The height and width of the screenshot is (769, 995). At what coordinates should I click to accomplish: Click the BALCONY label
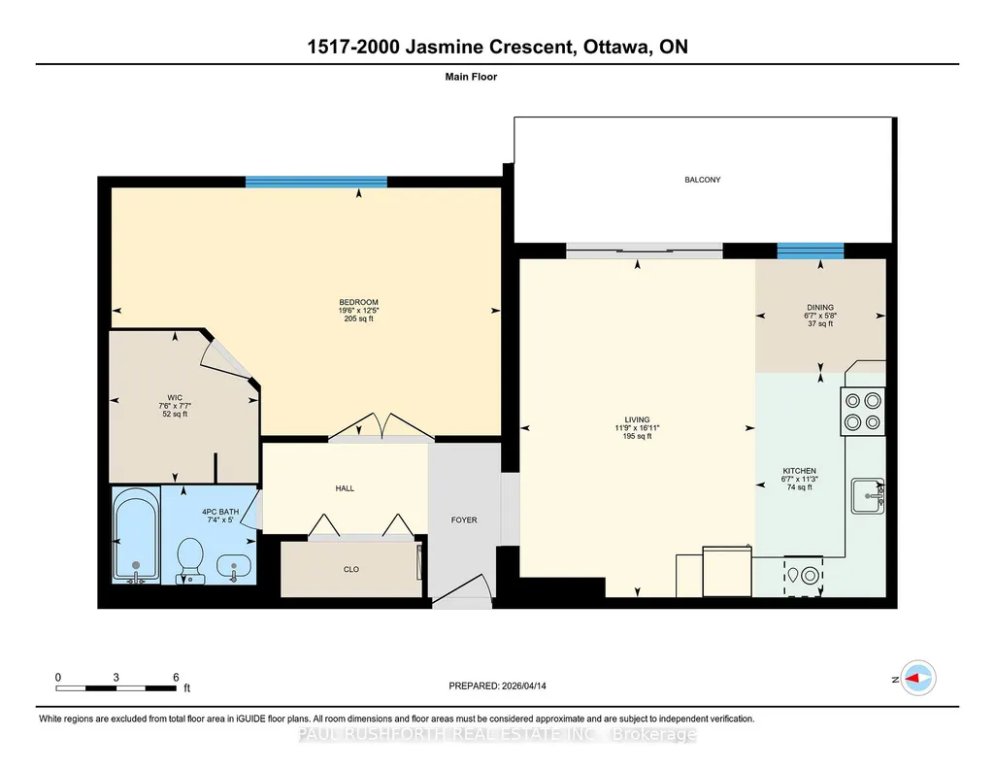[x=703, y=180]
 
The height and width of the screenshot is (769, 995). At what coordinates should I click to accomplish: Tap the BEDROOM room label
[x=358, y=302]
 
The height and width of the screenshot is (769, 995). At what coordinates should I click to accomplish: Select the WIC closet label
[x=175, y=398]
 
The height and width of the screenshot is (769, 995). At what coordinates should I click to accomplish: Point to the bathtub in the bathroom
[x=136, y=535]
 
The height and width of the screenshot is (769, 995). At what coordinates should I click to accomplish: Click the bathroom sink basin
[x=234, y=565]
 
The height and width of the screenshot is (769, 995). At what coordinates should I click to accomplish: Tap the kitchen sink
[x=868, y=496]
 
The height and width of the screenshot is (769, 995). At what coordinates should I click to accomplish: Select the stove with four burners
[x=862, y=411]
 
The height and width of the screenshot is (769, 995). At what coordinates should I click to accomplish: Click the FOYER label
[x=464, y=519]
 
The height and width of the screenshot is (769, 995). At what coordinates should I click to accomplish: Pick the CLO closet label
[x=350, y=569]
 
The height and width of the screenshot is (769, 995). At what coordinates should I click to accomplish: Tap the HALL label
[x=345, y=488]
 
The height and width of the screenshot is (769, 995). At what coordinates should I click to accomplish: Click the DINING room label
[x=820, y=307]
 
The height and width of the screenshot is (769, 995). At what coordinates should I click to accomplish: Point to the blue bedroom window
[x=316, y=183]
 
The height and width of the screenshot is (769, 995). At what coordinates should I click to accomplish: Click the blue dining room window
[x=811, y=251]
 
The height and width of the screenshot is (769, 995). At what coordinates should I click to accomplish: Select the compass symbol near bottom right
[x=918, y=679]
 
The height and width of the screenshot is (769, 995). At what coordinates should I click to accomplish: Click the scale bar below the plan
[x=116, y=688]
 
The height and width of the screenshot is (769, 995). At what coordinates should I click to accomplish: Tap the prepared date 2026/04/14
[x=523, y=685]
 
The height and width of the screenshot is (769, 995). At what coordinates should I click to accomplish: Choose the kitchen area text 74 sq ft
[x=800, y=487]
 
